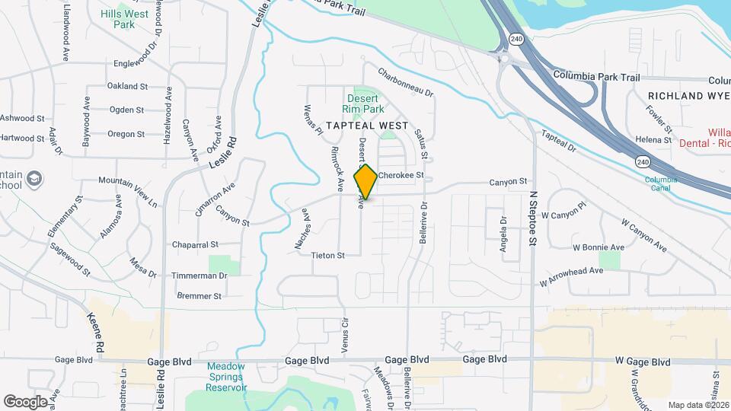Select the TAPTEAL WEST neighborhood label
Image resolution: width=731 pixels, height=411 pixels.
point(367,125)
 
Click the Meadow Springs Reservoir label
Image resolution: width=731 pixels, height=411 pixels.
point(227,377)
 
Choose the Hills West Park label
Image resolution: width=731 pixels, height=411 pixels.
point(124,19)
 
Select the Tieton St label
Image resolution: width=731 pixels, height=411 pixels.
point(328,255)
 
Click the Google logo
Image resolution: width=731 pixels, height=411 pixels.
point(25,401)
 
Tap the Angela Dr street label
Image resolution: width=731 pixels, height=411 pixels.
point(503,229)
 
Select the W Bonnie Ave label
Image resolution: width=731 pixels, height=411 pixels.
point(599,247)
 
